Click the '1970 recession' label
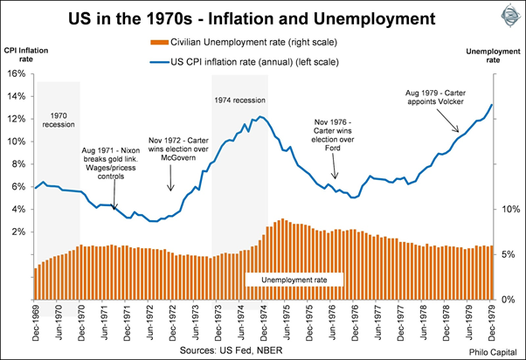58,118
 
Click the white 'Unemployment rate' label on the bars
294,279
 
